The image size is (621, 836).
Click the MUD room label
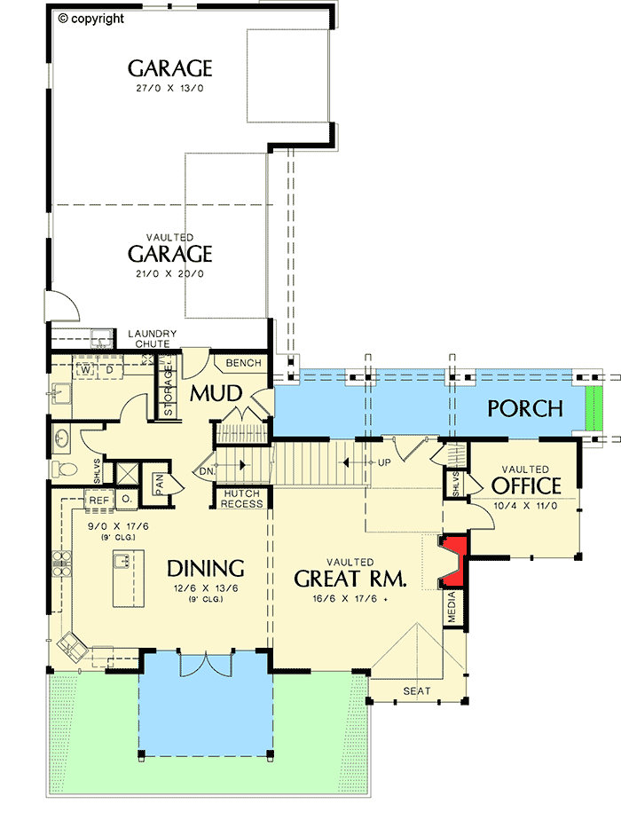pyautogui.click(x=214, y=393)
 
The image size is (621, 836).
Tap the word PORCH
pyautogui.click(x=525, y=409)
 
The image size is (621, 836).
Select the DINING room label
pyautogui.click(x=205, y=568)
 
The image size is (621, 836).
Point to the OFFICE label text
pyautogui.click(x=526, y=486)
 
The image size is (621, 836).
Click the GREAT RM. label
pyautogui.click(x=350, y=579)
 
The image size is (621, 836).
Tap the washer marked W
pyautogui.click(x=87, y=369)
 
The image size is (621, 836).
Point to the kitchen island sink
pyautogui.click(x=124, y=560)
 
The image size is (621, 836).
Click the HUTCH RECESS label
pyautogui.click(x=242, y=499)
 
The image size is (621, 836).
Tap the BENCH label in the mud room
pyautogui.click(x=243, y=363)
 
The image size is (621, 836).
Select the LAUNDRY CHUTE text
pyautogui.click(x=153, y=338)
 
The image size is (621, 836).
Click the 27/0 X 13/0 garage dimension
pyautogui.click(x=170, y=89)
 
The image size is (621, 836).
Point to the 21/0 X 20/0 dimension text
pyautogui.click(x=170, y=273)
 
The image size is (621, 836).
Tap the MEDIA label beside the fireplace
pyautogui.click(x=453, y=610)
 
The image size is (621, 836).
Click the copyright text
pyautogui.click(x=91, y=18)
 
